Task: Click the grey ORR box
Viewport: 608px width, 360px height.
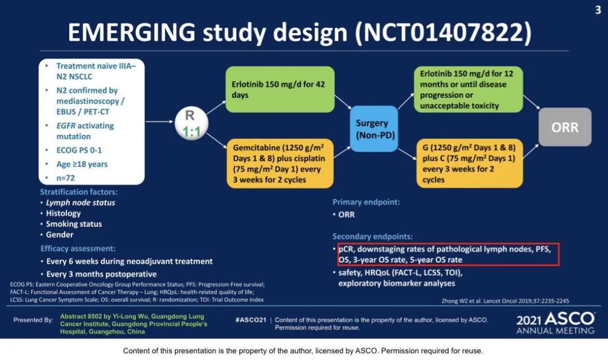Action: coord(565,127)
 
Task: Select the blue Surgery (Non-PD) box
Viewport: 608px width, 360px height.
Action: coord(372,129)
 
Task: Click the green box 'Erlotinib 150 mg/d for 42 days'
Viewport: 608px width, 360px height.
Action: coord(280,89)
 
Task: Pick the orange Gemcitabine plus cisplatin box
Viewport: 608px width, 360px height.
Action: coord(280,164)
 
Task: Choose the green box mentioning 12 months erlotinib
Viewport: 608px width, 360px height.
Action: coord(470,90)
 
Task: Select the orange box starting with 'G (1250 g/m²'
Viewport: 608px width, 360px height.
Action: coord(470,164)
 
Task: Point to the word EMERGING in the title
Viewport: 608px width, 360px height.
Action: coord(132,33)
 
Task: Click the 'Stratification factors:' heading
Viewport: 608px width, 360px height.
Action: coord(79,192)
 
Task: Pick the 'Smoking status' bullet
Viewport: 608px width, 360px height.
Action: coord(74,224)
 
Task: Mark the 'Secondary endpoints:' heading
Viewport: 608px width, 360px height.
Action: coord(373,236)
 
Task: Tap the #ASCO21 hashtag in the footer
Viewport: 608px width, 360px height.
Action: coord(251,319)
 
